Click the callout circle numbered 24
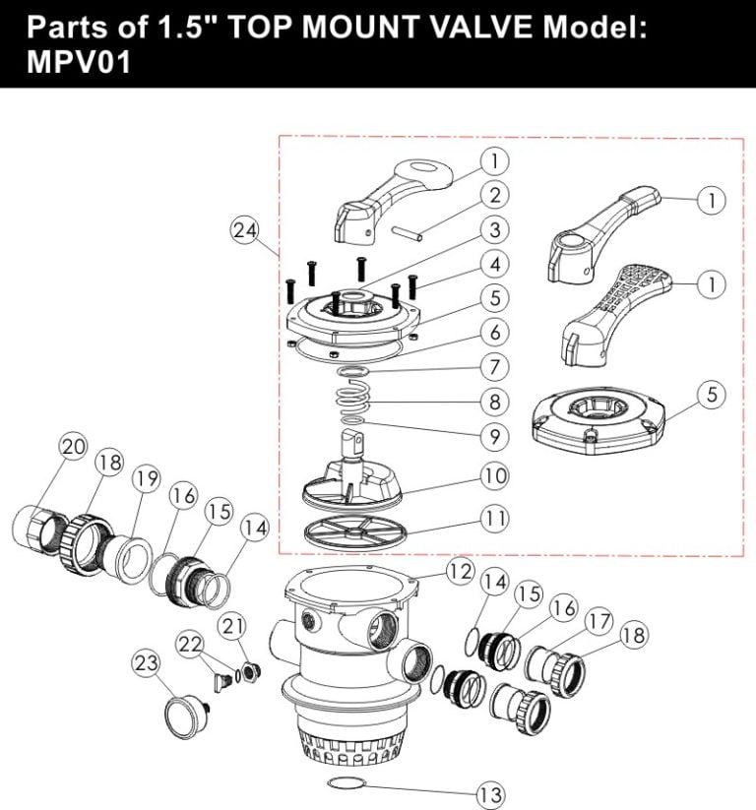pyautogui.click(x=244, y=231)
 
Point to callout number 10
pyautogui.click(x=494, y=474)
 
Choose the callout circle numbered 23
pyautogui.click(x=147, y=664)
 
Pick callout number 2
pyautogui.click(x=494, y=195)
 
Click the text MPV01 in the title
pyautogui.click(x=75, y=63)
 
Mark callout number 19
pyautogui.click(x=147, y=479)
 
